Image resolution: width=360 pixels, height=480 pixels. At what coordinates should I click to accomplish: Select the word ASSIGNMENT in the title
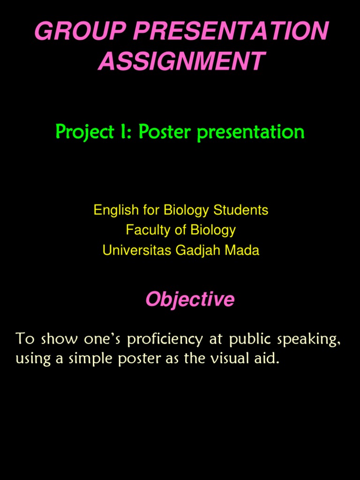[181, 61]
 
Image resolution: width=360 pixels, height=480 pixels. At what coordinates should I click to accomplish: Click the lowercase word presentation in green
[251, 133]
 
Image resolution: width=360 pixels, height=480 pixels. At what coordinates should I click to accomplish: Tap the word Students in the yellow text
[241, 210]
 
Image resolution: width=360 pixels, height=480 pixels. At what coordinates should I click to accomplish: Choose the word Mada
[242, 250]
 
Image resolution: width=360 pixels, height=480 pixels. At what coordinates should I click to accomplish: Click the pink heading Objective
[190, 299]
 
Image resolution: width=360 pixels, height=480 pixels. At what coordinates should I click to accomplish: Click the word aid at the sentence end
[269, 359]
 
